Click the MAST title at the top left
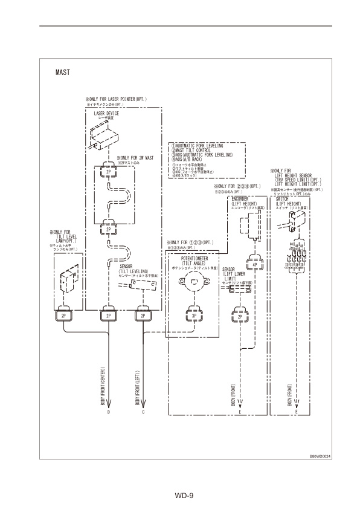pos(63,72)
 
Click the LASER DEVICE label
pos(106,112)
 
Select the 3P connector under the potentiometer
pos(193,315)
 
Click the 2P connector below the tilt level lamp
pos(63,315)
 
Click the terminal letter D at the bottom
pos(108,412)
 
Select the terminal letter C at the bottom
pos(143,412)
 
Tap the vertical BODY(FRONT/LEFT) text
pos(143,387)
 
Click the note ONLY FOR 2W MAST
pos(138,158)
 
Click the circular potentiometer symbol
pos(193,282)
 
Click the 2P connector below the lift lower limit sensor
pos(240,315)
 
